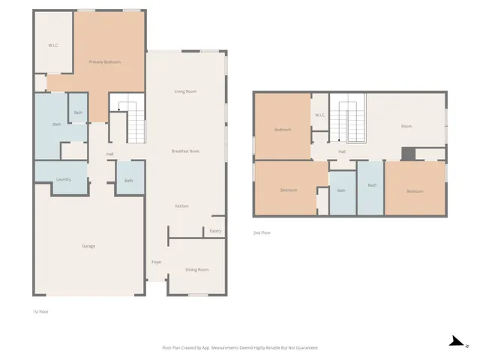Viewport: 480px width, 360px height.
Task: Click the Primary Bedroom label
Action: pos(104,61)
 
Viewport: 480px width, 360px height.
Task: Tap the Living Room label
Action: pos(185,91)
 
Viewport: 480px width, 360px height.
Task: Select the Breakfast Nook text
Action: pos(184,151)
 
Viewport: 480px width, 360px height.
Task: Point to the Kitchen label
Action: pos(181,206)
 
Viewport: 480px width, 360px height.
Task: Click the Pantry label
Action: pos(215,231)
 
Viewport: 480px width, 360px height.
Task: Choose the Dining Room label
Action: pos(196,269)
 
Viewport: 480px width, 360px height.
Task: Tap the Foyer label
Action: pos(157,262)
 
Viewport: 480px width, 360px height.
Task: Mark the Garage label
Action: pos(88,246)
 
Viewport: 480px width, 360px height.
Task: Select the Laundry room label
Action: pos(64,180)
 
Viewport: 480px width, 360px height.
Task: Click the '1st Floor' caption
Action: pos(40,310)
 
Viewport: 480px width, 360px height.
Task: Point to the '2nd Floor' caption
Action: pos(262,232)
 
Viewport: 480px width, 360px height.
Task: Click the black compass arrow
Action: pos(455,342)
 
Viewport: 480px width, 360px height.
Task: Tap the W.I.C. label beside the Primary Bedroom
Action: pos(53,46)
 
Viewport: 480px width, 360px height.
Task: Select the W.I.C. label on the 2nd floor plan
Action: pos(319,115)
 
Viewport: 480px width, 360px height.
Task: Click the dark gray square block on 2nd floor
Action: pos(407,153)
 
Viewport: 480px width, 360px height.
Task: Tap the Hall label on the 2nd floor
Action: pos(341,151)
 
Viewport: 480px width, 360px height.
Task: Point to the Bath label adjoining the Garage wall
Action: pos(128,181)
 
